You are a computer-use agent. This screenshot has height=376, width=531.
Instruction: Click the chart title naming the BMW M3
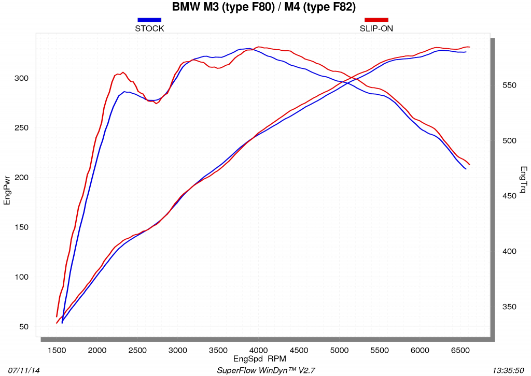[264, 7]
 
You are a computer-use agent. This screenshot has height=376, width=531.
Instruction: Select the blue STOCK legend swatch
[149, 20]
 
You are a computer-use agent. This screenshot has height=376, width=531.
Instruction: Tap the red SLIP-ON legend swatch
[376, 20]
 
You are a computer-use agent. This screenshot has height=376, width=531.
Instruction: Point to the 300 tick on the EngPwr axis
[21, 78]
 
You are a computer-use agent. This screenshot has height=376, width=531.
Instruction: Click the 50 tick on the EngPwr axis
[24, 327]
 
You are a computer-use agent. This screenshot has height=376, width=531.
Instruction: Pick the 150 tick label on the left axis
[21, 227]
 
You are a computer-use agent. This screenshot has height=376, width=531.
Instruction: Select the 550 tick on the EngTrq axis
[509, 85]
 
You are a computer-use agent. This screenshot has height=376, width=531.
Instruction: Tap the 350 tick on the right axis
[509, 307]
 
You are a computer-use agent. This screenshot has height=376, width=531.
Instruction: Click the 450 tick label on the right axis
[509, 196]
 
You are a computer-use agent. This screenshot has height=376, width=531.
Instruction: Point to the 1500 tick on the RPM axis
[57, 350]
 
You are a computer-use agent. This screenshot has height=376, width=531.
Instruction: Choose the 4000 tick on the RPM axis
[258, 350]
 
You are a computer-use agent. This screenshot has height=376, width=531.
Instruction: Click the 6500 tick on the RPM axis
[460, 350]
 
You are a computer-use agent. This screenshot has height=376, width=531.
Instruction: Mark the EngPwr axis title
[7, 190]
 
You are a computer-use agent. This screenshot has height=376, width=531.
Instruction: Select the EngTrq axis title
[524, 180]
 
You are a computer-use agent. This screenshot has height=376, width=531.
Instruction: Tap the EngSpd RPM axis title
[260, 358]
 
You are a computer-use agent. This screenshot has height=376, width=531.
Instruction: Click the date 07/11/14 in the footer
[24, 371]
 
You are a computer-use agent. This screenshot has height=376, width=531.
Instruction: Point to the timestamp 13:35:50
[508, 371]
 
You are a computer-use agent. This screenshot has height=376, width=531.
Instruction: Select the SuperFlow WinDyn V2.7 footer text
[266, 371]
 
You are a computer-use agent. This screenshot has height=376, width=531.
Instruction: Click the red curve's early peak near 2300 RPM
[123, 73]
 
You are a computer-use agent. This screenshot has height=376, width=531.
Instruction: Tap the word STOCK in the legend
[149, 28]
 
